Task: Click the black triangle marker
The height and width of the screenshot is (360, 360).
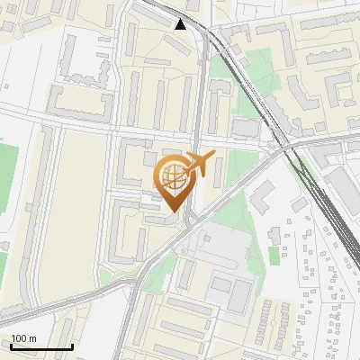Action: pyautogui.click(x=181, y=23)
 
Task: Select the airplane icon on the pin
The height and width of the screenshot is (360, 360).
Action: pyautogui.click(x=199, y=164)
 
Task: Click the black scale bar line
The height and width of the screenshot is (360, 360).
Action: pyautogui.click(x=41, y=346)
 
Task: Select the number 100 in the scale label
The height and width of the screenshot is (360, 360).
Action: pyautogui.click(x=21, y=338)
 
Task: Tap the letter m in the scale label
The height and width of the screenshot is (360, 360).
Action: pyautogui.click(x=32, y=338)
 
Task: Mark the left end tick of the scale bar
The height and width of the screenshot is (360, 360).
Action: pyautogui.click(x=11, y=345)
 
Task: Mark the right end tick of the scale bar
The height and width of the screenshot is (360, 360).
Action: pyautogui.click(x=72, y=345)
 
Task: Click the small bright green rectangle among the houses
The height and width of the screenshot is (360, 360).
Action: pyautogui.click(x=274, y=256)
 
